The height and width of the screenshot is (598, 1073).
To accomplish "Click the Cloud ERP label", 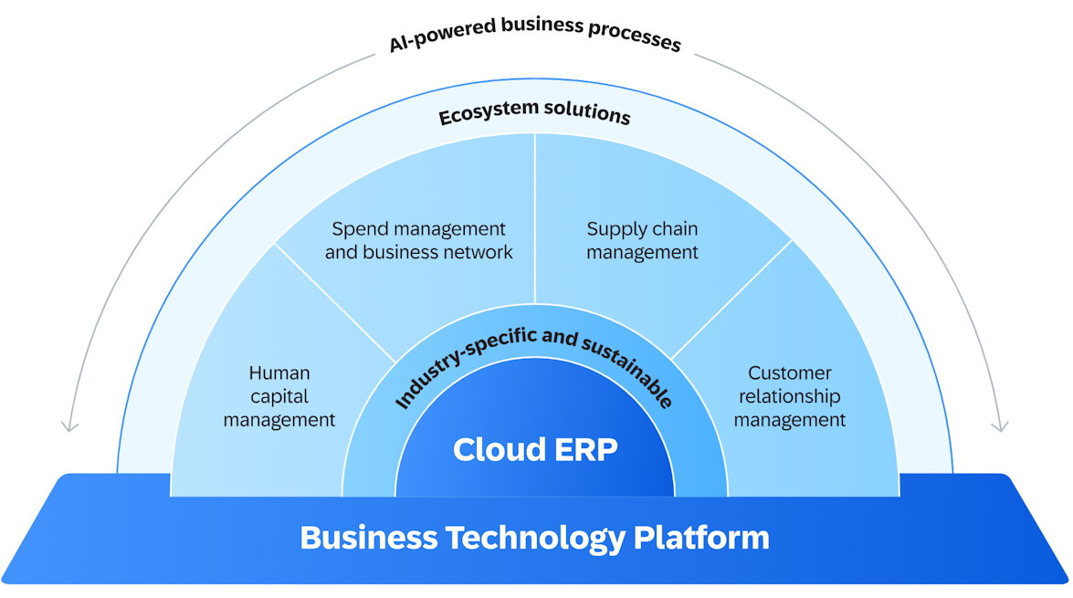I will tap(535, 449).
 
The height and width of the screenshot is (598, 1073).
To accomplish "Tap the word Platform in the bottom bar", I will tap(701, 538).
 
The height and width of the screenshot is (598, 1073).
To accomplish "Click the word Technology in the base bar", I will tap(534, 538).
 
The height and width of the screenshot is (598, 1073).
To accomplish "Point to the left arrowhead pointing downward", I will tap(69, 426).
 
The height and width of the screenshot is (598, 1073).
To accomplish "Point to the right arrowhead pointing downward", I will tap(1001, 426).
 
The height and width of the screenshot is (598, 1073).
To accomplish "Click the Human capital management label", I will tap(279, 396).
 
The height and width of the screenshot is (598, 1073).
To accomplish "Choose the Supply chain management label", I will tap(642, 241).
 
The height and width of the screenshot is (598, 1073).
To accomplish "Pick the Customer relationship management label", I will tap(790, 396).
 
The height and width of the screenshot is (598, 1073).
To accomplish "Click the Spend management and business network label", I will tap(419, 241).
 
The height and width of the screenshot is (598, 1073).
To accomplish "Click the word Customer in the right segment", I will tap(790, 373).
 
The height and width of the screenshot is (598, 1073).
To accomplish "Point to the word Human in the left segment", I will tap(279, 373).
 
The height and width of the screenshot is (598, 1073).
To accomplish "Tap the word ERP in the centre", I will tap(586, 449).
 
